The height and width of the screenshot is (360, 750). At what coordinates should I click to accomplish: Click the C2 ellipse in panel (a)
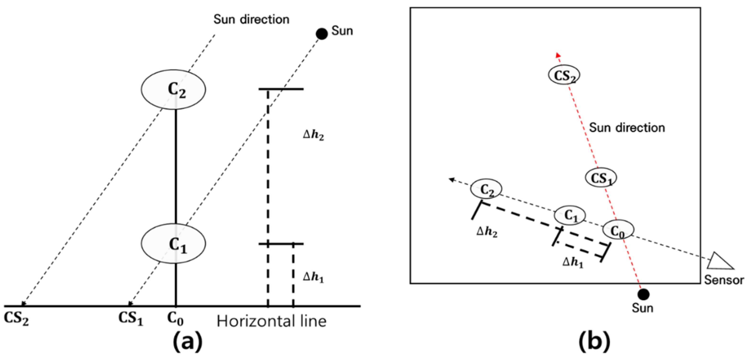click(x=174, y=90)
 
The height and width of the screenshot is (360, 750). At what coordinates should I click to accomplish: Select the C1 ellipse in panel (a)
click(x=174, y=244)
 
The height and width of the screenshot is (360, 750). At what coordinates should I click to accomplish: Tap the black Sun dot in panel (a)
click(x=322, y=34)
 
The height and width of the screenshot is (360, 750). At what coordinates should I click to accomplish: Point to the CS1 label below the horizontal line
click(x=131, y=318)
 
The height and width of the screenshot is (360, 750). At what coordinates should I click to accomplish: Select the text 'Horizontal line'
click(x=271, y=322)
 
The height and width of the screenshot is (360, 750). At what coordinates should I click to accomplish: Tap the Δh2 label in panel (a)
click(x=313, y=135)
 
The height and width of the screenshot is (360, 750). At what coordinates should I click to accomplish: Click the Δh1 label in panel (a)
click(x=313, y=277)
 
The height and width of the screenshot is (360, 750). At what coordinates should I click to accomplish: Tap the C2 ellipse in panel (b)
click(x=486, y=189)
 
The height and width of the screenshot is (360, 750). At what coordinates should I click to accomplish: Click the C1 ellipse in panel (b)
click(x=570, y=216)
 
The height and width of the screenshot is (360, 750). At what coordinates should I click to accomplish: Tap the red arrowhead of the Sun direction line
click(x=558, y=55)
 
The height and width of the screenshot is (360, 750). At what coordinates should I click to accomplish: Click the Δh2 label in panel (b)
click(x=487, y=232)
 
